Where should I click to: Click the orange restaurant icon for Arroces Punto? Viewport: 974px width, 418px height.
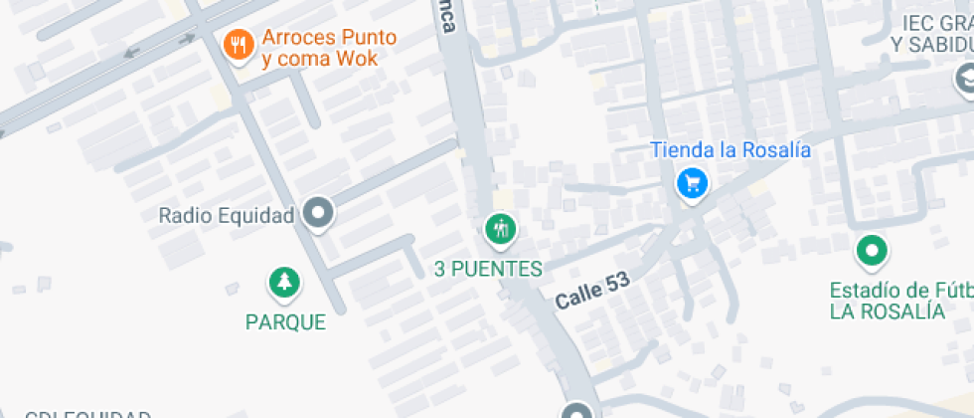tap(237, 44)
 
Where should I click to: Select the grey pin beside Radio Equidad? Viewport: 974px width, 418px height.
tap(319, 212)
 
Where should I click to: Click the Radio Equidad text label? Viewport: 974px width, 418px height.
tap(227, 215)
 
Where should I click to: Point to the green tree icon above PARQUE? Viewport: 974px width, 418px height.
tap(285, 283)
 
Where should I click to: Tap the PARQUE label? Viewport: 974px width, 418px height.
tap(286, 322)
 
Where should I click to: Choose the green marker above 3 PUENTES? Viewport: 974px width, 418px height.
tap(500, 230)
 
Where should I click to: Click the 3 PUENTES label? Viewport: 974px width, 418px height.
tap(489, 269)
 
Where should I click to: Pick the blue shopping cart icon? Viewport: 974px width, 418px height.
tap(692, 183)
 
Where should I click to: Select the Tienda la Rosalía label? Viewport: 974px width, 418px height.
tap(730, 150)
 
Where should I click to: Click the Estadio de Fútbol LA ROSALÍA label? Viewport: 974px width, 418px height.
tap(900, 301)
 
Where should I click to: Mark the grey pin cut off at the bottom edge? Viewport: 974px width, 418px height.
tap(577, 410)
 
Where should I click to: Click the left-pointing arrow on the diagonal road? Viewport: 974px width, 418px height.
tap(129, 52)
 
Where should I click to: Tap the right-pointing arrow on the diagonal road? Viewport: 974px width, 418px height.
tap(185, 39)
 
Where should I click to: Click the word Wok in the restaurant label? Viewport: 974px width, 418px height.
tap(356, 59)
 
